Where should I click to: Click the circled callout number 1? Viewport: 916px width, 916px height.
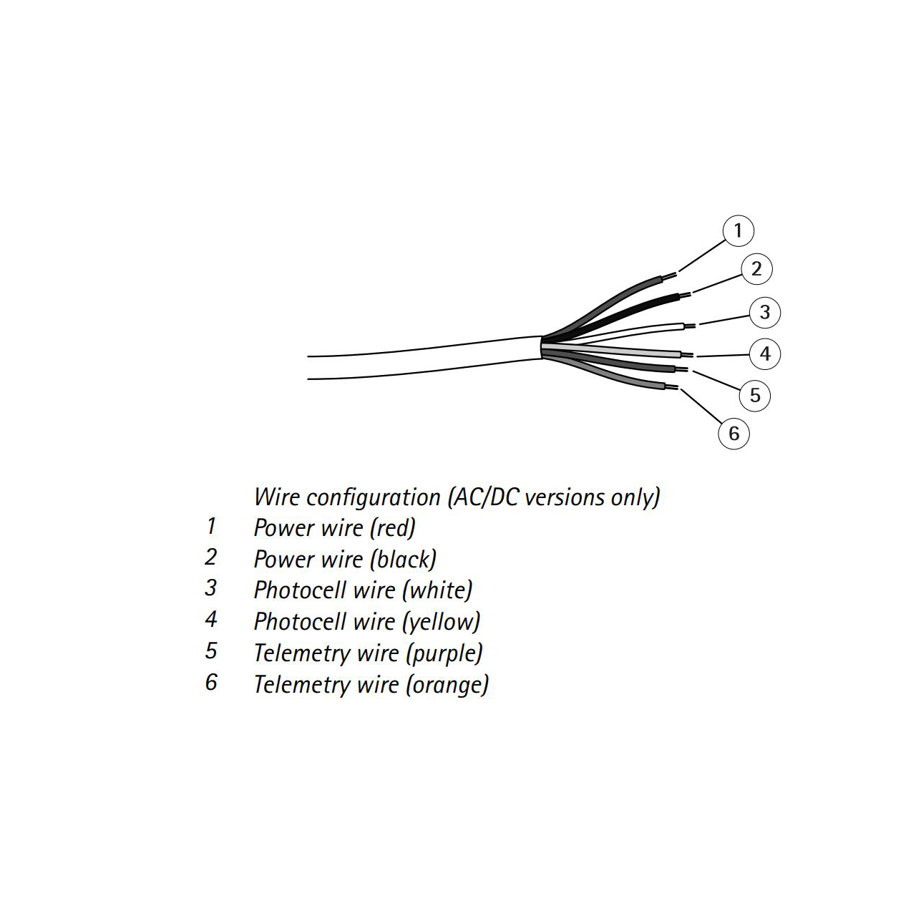pyautogui.click(x=738, y=230)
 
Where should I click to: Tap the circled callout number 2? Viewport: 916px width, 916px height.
pyautogui.click(x=756, y=269)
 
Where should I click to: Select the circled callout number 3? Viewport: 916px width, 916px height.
pyautogui.click(x=765, y=312)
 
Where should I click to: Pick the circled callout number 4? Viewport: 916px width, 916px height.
pyautogui.click(x=765, y=354)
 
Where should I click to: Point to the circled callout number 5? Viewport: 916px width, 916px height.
pyautogui.click(x=755, y=396)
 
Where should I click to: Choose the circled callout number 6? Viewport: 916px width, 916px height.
pyautogui.click(x=734, y=434)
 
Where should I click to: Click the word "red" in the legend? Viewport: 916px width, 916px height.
pyautogui.click(x=393, y=528)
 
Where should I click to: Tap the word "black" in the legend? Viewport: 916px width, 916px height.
pyautogui.click(x=404, y=560)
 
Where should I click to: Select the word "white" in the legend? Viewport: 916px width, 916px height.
pyautogui.click(x=437, y=590)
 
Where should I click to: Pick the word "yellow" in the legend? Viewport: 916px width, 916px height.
pyautogui.click(x=442, y=622)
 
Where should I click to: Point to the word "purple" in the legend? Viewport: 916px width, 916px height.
pyautogui.click(x=444, y=653)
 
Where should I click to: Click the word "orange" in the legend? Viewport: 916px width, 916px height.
pyautogui.click(x=447, y=685)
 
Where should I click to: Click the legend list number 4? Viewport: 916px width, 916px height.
pyautogui.click(x=210, y=620)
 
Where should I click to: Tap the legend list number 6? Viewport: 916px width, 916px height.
pyautogui.click(x=211, y=682)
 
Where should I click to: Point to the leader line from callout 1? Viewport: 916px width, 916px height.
pyautogui.click(x=701, y=256)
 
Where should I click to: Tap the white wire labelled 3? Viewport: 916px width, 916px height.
pyautogui.click(x=630, y=331)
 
